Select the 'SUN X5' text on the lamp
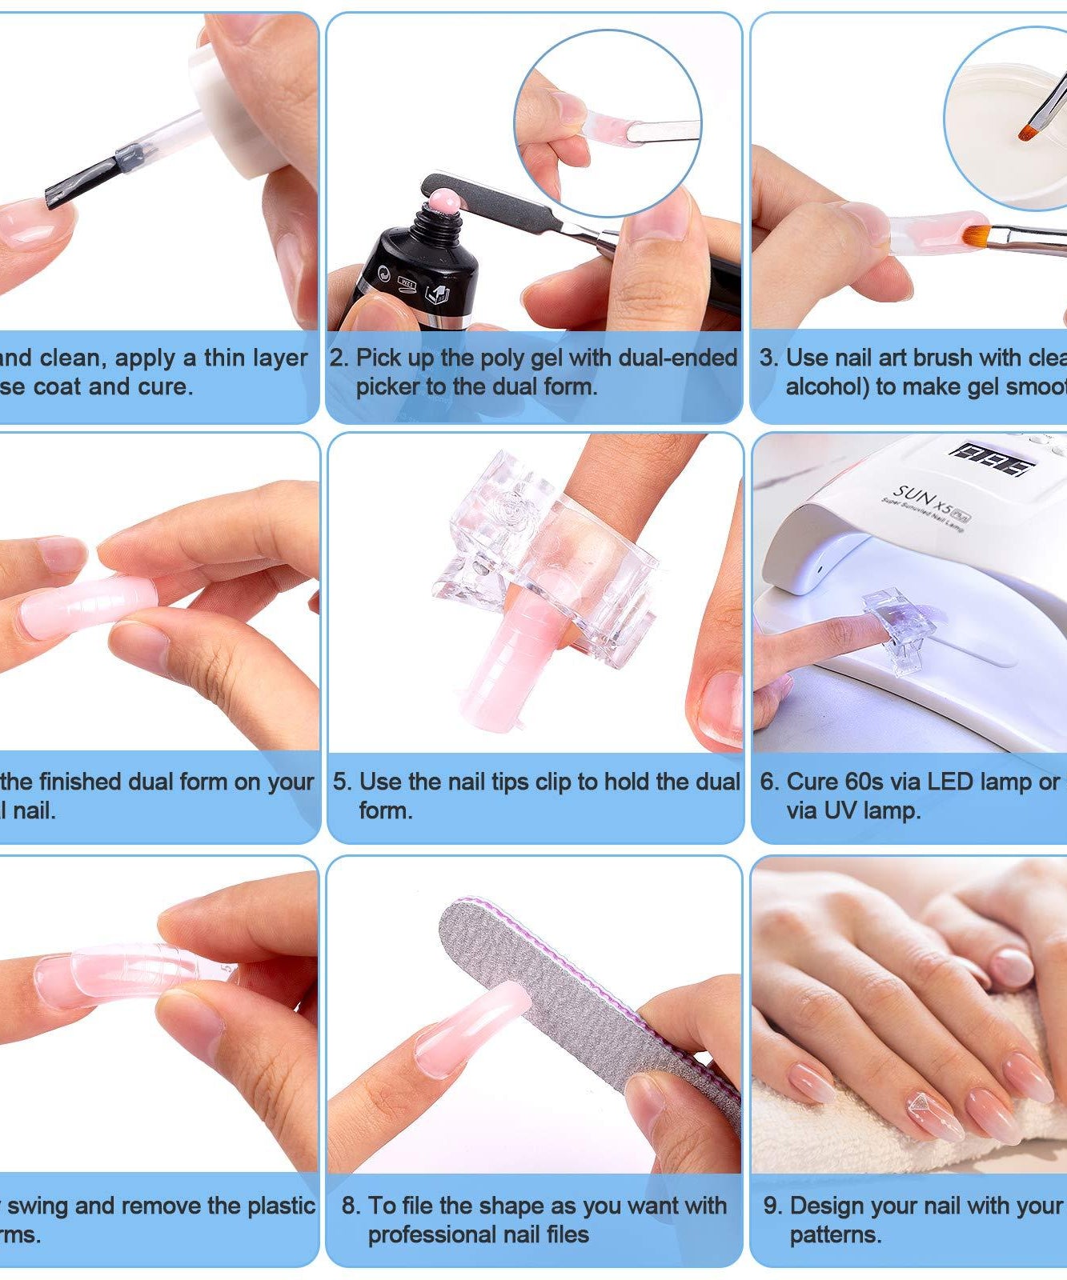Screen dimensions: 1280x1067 pyautogui.click(x=921, y=500)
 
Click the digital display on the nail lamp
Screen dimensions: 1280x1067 pyautogui.click(x=991, y=459)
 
